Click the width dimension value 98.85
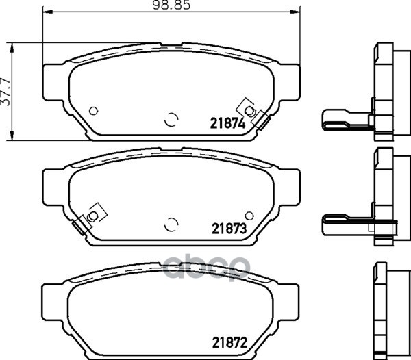[171, 5]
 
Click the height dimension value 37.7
[5, 92]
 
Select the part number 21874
[227, 124]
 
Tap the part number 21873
[229, 229]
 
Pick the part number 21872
[229, 342]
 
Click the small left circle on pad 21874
[93, 111]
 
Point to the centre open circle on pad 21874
[171, 119]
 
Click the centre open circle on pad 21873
[171, 224]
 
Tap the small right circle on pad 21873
[249, 216]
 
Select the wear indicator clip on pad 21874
[253, 113]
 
